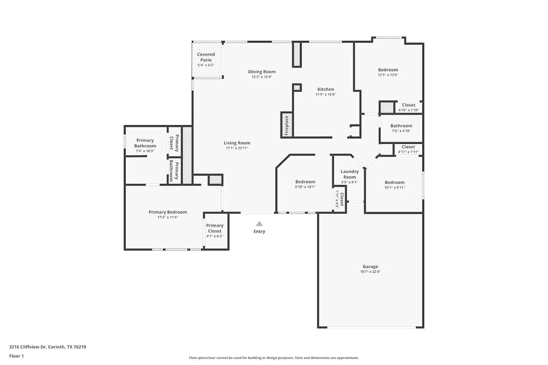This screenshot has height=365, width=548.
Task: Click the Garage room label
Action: pyautogui.click(x=370, y=266)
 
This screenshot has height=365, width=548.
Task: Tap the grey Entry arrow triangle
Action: pyautogui.click(x=259, y=224)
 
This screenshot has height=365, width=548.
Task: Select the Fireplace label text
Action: pyautogui.click(x=287, y=125)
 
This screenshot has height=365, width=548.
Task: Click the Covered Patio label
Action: pyautogui.click(x=206, y=57)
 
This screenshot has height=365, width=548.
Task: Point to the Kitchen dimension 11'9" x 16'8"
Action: pyautogui.click(x=326, y=95)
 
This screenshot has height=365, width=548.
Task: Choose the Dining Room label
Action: pyautogui.click(x=262, y=72)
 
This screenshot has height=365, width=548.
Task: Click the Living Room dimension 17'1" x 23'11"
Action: pyautogui.click(x=237, y=148)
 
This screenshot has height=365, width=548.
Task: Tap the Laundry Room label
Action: pyautogui.click(x=350, y=174)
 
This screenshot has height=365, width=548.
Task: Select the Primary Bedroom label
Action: pyautogui.click(x=168, y=212)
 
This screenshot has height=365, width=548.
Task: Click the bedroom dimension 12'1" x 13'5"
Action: pyautogui.click(x=388, y=75)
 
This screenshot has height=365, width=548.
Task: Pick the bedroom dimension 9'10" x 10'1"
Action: pyautogui.click(x=305, y=187)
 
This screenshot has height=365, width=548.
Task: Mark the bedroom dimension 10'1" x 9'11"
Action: pyautogui.click(x=395, y=188)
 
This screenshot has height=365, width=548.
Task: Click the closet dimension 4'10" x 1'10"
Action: pyautogui.click(x=408, y=110)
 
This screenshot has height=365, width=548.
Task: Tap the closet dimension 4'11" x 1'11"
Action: pyautogui.click(x=408, y=152)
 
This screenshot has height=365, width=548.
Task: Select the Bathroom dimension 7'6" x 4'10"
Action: pyautogui.click(x=401, y=131)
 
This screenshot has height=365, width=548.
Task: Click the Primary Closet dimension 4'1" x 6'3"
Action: pyautogui.click(x=214, y=236)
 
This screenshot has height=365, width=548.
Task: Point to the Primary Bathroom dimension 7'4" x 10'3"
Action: pyautogui.click(x=145, y=151)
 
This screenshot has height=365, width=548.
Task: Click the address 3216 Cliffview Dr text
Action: pyautogui.click(x=47, y=347)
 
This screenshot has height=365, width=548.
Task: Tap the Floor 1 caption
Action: pyautogui.click(x=16, y=356)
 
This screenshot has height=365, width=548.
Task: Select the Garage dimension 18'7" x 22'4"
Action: pyautogui.click(x=370, y=272)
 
